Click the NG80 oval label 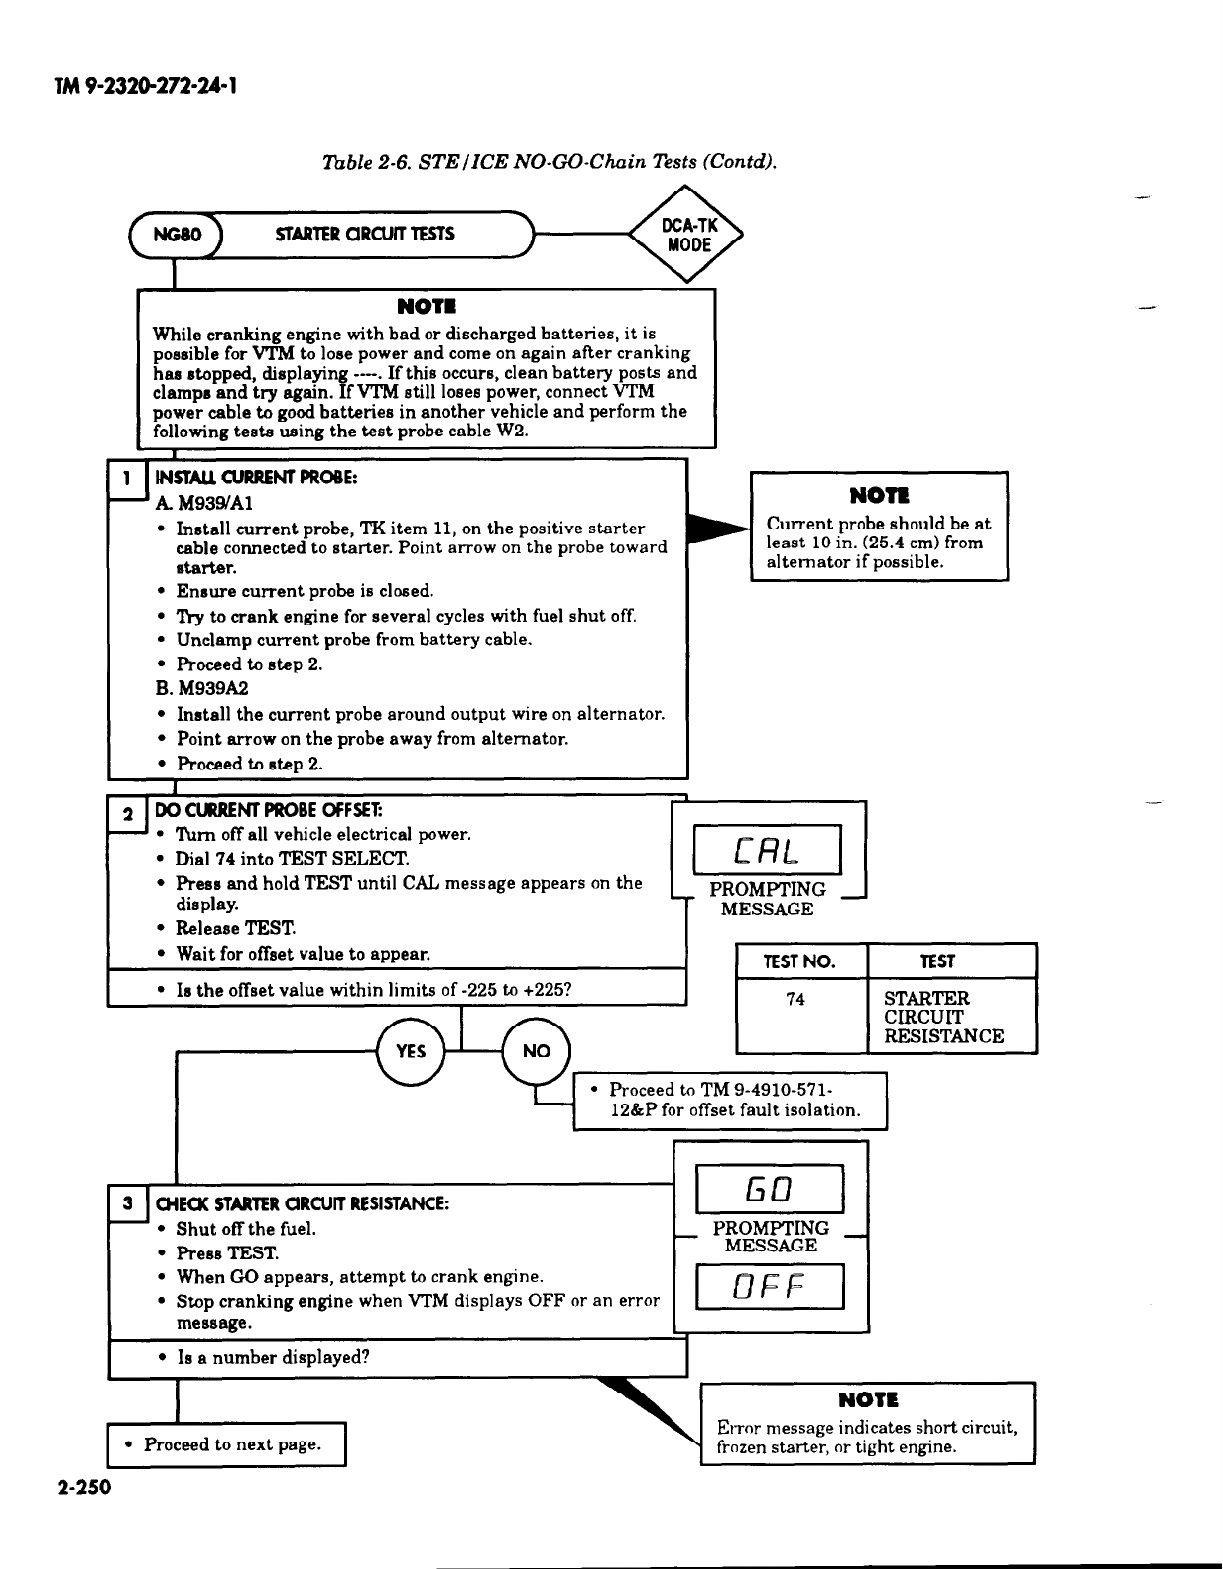click(178, 235)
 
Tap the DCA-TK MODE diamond click(688, 235)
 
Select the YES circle click(411, 1051)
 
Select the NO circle click(536, 1051)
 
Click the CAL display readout click(768, 852)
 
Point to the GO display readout click(770, 1188)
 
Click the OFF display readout click(770, 1286)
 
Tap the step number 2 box click(127, 815)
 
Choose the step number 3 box click(127, 1203)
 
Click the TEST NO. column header click(799, 961)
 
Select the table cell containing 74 click(795, 1000)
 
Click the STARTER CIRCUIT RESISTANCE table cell click(943, 1018)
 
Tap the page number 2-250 click(85, 1487)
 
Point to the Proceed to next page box click(226, 1444)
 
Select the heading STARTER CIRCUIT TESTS click(365, 235)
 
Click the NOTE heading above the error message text click(868, 1400)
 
